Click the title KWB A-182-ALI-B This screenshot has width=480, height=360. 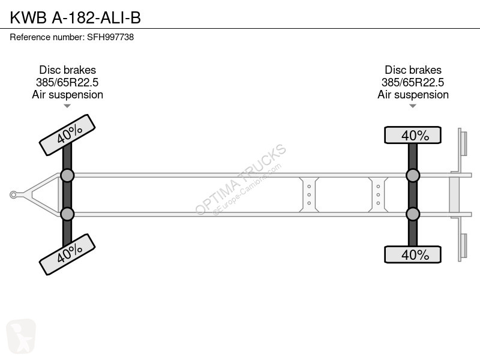76,17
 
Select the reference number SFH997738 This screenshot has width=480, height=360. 110,37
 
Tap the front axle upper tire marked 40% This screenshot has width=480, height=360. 67,135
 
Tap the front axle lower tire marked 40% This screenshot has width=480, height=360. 67,254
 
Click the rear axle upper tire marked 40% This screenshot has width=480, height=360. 413,135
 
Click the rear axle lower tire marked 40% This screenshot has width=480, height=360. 413,254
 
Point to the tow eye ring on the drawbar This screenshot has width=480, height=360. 13,194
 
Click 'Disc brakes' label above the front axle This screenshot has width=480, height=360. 67,70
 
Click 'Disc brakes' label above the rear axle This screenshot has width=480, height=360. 413,70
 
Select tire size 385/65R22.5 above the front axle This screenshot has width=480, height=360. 67,82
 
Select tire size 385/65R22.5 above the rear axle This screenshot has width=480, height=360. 413,82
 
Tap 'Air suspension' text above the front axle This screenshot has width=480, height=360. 67,95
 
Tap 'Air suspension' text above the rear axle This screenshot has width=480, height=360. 413,95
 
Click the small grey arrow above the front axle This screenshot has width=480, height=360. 67,106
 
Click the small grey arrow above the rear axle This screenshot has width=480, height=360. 413,106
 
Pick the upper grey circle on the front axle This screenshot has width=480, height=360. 67,176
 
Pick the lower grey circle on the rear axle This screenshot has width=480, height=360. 413,214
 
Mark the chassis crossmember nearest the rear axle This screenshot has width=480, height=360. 378,194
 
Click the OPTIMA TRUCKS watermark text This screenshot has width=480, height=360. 241,179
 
